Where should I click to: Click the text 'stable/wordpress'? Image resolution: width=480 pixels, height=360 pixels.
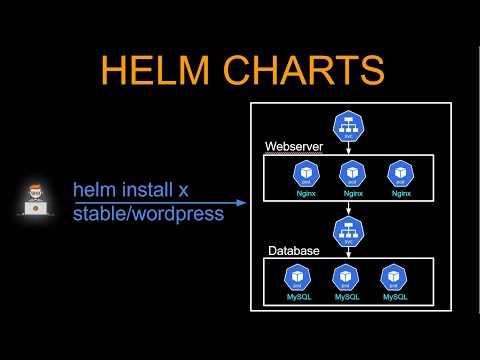pos(148,212)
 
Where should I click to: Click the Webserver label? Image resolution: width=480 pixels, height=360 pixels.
pos(293,147)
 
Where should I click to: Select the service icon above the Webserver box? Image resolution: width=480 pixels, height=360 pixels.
pos(349,126)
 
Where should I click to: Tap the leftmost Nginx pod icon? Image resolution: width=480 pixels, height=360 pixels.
pos(305,173)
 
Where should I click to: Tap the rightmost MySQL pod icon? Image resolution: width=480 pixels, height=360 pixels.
pos(392,276)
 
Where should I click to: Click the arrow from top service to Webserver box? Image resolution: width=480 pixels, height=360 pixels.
pos(349,148)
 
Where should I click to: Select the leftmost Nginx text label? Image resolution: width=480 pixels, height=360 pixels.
pos(305,193)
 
